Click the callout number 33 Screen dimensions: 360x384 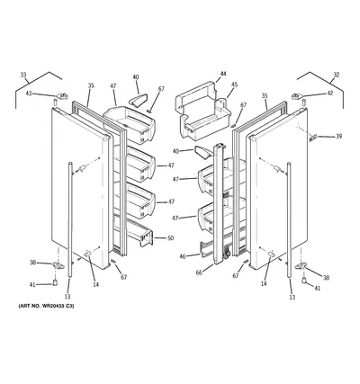click(23, 75)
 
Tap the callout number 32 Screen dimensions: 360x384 click(337, 75)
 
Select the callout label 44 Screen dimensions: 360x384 click(223, 74)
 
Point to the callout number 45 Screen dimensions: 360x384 click(234, 85)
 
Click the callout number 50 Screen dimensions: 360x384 click(170, 238)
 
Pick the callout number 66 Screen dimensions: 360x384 click(199, 272)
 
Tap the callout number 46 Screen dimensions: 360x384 click(183, 256)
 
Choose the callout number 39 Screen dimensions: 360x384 click(338, 137)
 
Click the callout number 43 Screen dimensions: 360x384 click(29, 94)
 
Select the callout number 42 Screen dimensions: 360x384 click(330, 94)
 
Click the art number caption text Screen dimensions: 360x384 click(47, 306)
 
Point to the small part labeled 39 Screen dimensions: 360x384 click(313, 138)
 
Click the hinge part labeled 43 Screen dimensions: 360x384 click(63, 96)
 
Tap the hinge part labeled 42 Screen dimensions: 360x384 click(297, 96)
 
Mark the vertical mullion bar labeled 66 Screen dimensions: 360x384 click(220, 204)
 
